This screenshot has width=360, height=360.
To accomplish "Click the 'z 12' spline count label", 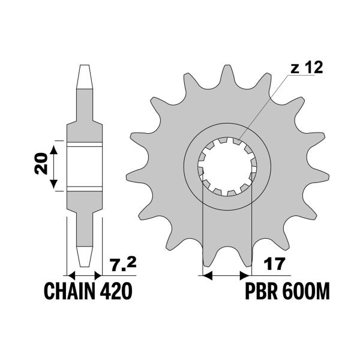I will pyautogui.click(x=307, y=68).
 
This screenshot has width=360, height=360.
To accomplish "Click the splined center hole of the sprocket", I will pyautogui.click(x=227, y=166).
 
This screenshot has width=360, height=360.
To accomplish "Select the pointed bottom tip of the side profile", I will pyautogui.click(x=83, y=264).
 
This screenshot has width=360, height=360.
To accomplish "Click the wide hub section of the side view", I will pyautogui.click(x=83, y=166).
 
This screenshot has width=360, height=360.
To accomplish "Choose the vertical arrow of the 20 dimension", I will pyautogui.click(x=55, y=166).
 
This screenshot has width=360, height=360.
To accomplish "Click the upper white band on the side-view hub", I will pyautogui.click(x=83, y=144).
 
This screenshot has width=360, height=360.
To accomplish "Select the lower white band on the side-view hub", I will pyautogui.click(x=83, y=189).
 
